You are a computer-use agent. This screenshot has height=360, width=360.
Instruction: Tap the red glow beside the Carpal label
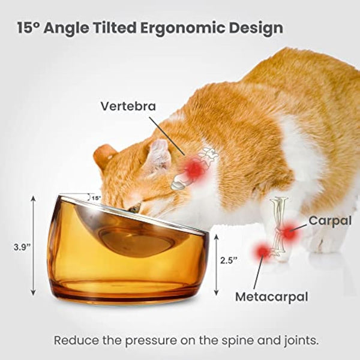pos(289,232)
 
